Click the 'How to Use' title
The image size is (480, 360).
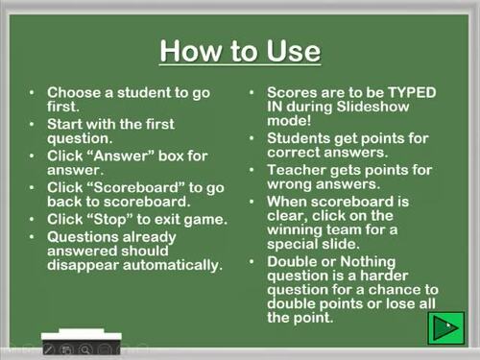(239, 50)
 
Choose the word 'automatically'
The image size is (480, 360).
(169, 265)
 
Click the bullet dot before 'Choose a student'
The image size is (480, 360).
(34, 93)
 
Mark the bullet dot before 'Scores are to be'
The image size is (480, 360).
(252, 93)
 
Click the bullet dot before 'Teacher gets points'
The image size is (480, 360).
(252, 171)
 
